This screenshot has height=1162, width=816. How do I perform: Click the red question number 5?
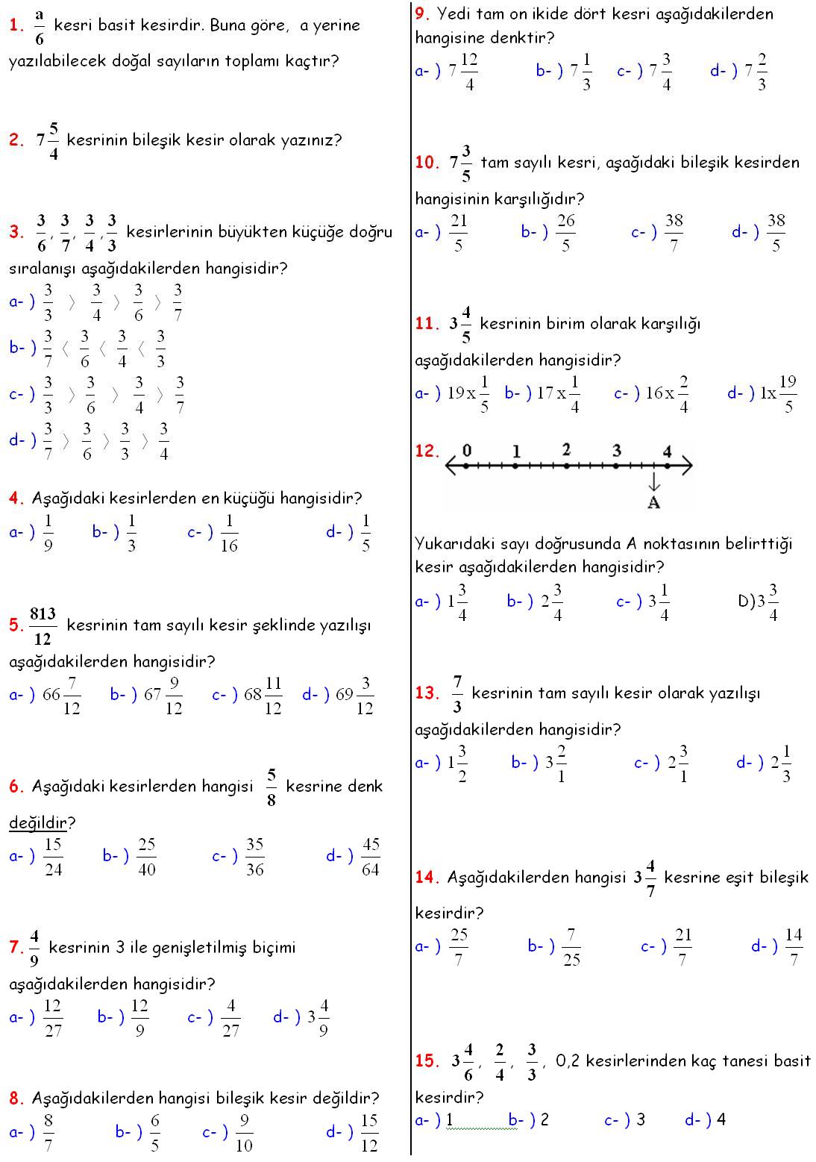[16, 625]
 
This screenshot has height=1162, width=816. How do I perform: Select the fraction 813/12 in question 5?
[43, 626]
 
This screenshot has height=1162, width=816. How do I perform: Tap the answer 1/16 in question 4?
[229, 533]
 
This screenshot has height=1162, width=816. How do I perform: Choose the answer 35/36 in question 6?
[254, 857]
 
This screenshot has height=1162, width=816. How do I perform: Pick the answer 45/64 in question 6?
[370, 857]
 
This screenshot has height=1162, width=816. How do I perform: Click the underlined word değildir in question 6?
[37, 823]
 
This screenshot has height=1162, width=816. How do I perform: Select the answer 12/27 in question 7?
[53, 1018]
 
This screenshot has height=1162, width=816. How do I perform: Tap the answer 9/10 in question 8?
[244, 1133]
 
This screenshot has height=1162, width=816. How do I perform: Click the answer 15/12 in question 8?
[369, 1133]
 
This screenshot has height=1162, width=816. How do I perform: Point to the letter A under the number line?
[654, 502]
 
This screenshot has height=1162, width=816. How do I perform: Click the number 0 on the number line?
[467, 450]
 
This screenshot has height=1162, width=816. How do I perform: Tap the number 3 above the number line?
[616, 450]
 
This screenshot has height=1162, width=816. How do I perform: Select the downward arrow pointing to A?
[655, 480]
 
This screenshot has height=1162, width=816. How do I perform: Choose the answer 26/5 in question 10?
[566, 233]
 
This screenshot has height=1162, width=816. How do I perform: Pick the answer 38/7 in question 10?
[674, 233]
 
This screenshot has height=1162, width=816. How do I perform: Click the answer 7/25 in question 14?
[571, 947]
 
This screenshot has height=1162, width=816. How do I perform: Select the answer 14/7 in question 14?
[794, 947]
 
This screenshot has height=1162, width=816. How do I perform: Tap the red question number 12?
[427, 451]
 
